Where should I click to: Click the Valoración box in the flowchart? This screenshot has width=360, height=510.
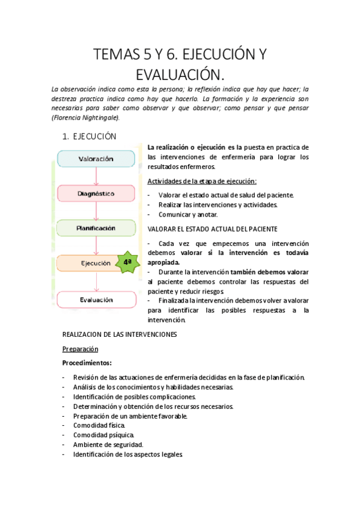pyautogui.click(x=96, y=159)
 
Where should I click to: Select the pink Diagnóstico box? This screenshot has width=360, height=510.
pyautogui.click(x=96, y=194)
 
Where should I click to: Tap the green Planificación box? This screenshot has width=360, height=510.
pyautogui.click(x=96, y=229)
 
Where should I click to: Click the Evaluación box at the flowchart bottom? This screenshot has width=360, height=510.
pyautogui.click(x=96, y=299)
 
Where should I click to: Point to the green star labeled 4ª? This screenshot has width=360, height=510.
pyautogui.click(x=127, y=263)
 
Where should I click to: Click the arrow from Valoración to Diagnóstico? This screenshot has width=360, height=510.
pyautogui.click(x=96, y=176)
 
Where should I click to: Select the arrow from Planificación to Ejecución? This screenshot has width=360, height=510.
pyautogui.click(x=96, y=246)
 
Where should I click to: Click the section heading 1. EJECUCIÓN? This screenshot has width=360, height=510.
pyautogui.click(x=90, y=137)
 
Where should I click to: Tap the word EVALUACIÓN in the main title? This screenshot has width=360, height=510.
pyautogui.click(x=180, y=75)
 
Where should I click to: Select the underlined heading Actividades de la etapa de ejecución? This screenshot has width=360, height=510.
pyautogui.click(x=202, y=181)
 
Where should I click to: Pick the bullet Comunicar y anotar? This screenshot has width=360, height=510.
pyautogui.click(x=188, y=214)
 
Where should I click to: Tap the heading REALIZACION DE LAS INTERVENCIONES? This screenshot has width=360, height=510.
pyautogui.click(x=120, y=334)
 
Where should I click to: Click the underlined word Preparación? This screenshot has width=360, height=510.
pyautogui.click(x=81, y=348)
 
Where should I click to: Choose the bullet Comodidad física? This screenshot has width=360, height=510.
pyautogui.click(x=99, y=425)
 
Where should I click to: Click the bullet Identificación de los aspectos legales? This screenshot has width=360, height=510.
pyautogui.click(x=127, y=455)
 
